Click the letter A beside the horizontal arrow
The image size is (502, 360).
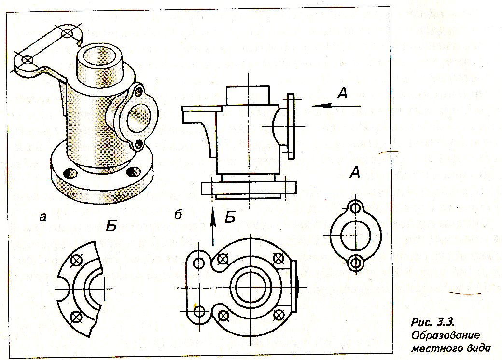342,93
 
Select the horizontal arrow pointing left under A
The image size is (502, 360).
336,105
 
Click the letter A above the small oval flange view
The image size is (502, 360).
355,173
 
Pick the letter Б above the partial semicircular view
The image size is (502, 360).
111,225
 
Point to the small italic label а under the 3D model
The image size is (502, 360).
42,217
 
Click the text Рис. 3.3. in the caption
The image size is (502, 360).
432,321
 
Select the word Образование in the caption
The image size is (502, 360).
446,335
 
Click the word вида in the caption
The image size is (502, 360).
478,348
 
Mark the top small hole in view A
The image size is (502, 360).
355,208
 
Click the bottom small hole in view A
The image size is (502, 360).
355,263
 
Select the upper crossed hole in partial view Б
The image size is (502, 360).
76,261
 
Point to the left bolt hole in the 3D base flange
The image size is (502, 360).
70,173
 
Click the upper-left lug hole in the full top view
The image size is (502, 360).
199,263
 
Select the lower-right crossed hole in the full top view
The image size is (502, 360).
279,316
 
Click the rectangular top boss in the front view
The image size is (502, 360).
248,95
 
